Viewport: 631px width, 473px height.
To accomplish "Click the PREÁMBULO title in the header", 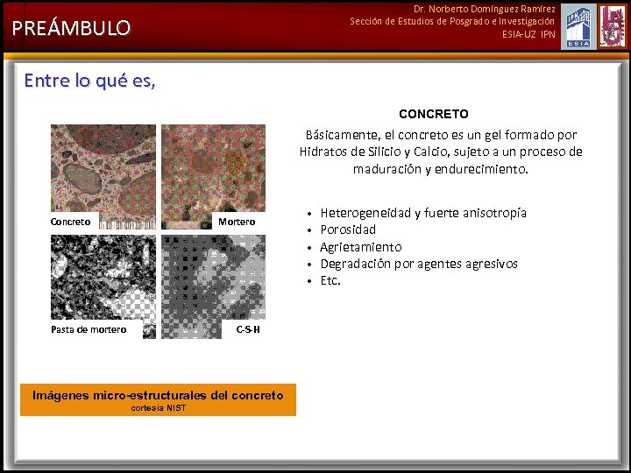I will (71, 28).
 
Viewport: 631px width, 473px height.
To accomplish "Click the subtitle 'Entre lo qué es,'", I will (89, 81).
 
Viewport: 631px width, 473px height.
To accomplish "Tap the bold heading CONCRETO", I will (433, 114).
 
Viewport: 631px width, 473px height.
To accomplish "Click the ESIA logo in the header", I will (578, 26).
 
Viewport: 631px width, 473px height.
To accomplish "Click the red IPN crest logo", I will (613, 26).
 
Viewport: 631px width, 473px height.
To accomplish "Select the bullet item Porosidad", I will (348, 229).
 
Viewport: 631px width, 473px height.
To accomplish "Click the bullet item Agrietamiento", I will (360, 247).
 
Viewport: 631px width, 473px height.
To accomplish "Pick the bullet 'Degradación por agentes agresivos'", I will (418, 264).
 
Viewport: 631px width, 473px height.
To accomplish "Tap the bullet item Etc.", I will (330, 280).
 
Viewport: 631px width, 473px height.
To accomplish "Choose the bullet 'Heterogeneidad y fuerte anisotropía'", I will (423, 213).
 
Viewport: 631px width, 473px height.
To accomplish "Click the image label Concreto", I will (70, 222).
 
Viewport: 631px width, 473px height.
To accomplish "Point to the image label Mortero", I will (237, 222).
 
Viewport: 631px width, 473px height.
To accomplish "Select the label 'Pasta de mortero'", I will (89, 329).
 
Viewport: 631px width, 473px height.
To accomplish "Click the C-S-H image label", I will (248, 329).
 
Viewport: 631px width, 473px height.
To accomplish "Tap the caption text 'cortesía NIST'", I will (158, 408).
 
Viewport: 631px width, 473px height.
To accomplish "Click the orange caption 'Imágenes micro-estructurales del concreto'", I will (158, 395).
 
